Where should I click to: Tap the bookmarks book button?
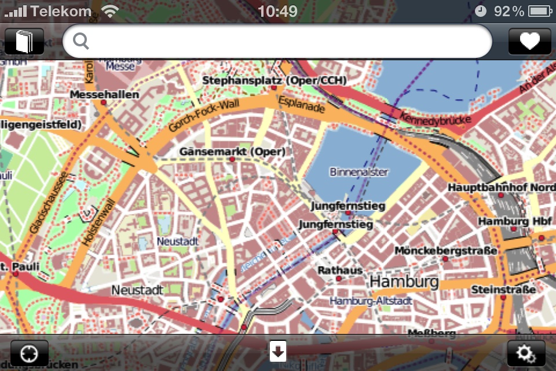25,42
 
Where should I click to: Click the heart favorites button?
529,41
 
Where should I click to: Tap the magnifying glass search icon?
82,41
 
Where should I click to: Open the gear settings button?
526,352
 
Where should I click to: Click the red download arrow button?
278,351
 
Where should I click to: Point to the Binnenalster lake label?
359,172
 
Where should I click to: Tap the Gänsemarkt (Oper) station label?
232,152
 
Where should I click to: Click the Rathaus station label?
340,270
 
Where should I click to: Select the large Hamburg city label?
404,282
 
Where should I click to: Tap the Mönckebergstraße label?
446,250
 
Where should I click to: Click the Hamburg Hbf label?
511,221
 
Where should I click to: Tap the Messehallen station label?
104,94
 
